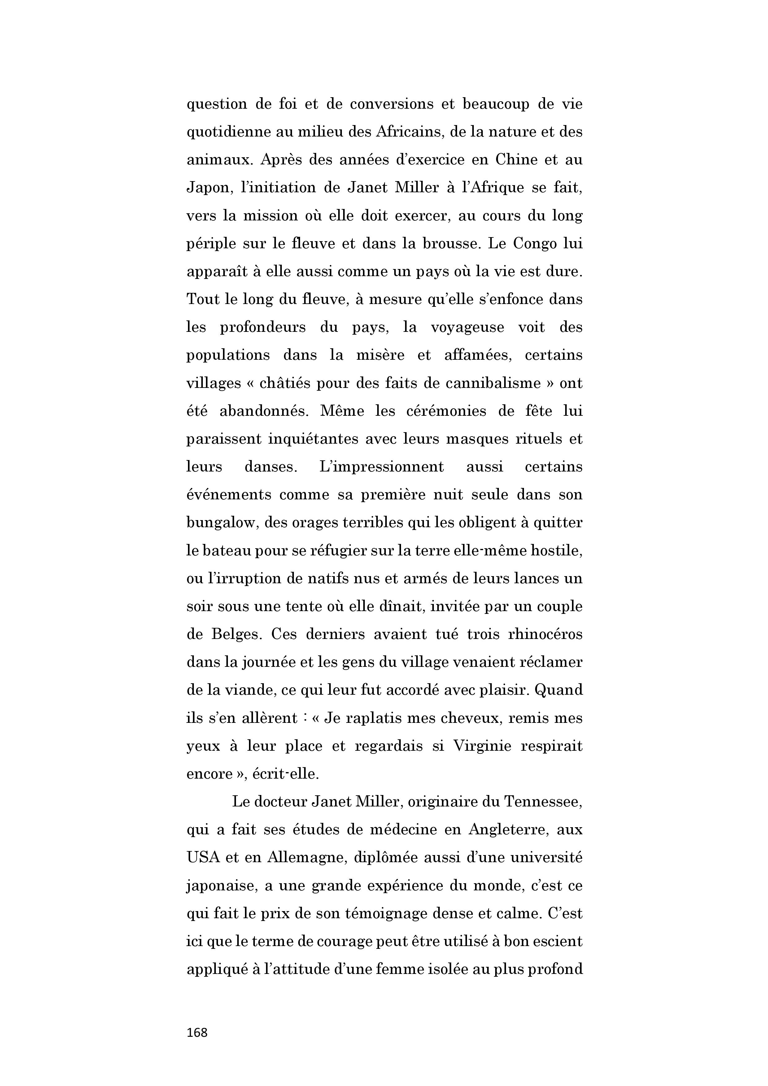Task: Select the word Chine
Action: (x=515, y=159)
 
